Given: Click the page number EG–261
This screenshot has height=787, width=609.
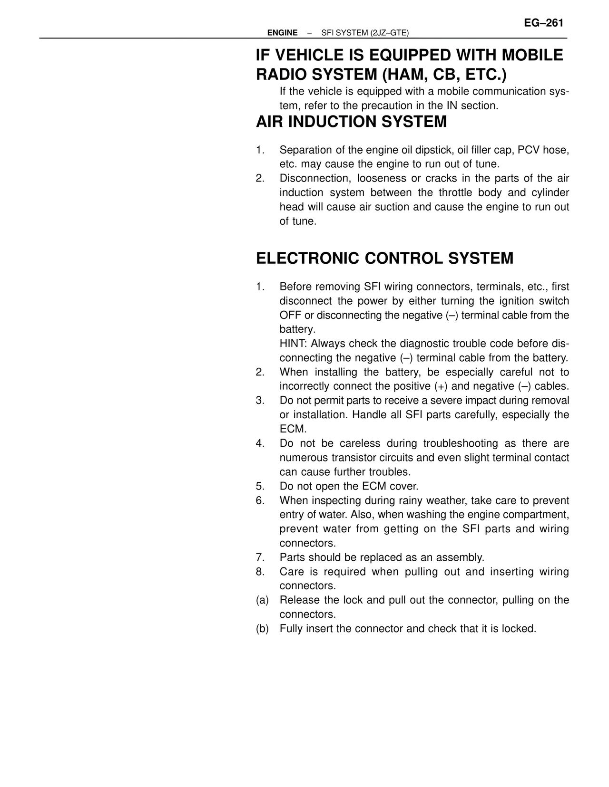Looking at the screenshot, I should [543, 23].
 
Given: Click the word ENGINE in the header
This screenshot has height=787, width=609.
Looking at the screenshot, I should [282, 33].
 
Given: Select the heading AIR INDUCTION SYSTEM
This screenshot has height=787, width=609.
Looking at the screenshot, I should [351, 122].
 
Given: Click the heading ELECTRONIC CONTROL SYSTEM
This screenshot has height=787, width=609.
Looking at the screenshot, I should [384, 259].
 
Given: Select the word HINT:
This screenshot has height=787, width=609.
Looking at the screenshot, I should [293, 344].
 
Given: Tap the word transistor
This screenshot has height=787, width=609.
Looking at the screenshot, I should [352, 458].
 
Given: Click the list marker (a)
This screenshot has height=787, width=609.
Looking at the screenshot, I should [262, 600].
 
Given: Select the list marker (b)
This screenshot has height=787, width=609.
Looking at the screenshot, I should [262, 629].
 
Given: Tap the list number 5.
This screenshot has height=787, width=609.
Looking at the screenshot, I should [260, 486].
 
